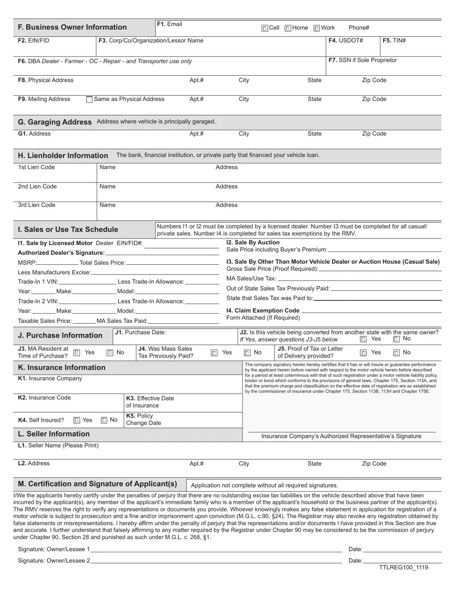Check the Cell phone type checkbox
tap(265, 28)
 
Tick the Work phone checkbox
tap(317, 28)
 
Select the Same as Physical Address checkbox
tap(89, 100)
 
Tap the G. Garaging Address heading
tap(55, 122)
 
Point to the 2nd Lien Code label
tap(37, 186)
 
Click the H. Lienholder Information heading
tap(63, 156)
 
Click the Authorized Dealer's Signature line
tap(162, 252)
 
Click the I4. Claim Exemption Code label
tap(262, 310)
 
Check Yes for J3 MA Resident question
tap(77, 352)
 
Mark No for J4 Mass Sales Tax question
tap(247, 353)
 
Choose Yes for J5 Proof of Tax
tap(363, 353)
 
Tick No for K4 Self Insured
tap(104, 420)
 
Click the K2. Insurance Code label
tap(44, 398)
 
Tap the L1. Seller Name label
tap(58, 446)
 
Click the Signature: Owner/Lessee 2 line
tap(216, 561)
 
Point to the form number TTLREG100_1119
tap(403, 568)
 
